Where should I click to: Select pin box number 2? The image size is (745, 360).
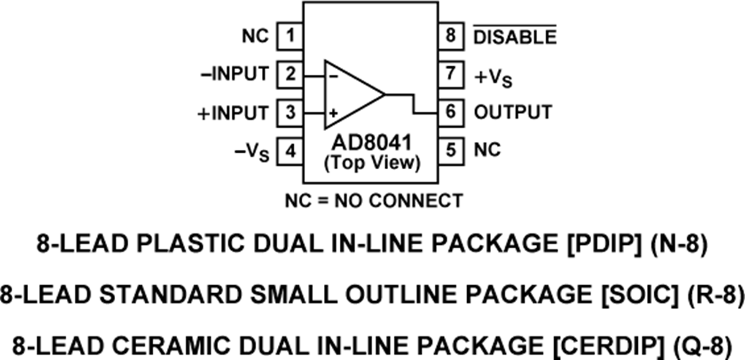tap(289, 73)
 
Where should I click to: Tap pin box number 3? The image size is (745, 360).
tap(289, 113)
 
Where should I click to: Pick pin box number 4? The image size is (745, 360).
tap(289, 151)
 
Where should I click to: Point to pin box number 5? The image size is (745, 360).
tap(451, 151)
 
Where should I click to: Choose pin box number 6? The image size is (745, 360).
tap(451, 113)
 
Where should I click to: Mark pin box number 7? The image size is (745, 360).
tap(451, 73)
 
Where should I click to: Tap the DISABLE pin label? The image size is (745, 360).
tap(514, 36)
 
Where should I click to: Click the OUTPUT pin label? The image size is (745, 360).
tap(513, 113)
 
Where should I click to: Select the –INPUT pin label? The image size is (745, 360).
tap(237, 73)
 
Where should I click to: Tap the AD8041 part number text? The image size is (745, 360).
tap(371, 147)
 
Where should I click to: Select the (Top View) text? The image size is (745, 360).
tap(371, 163)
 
